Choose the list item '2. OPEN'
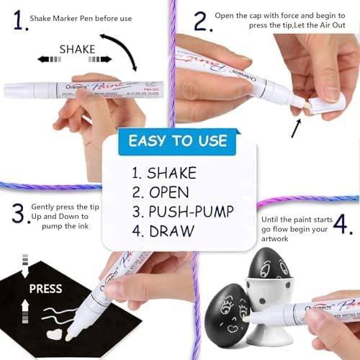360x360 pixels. (x=160, y=192)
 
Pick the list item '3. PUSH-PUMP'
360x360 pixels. (x=180, y=212)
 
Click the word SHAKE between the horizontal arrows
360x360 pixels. (x=77, y=49)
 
